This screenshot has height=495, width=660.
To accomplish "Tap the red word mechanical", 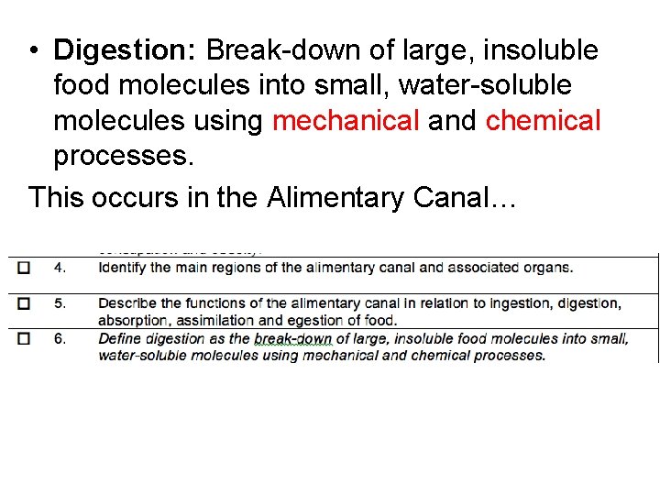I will [x=346, y=120].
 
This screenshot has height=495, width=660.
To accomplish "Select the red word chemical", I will [x=544, y=120].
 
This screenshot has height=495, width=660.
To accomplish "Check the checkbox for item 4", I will [x=24, y=268].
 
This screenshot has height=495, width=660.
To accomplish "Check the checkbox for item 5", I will [x=24, y=302].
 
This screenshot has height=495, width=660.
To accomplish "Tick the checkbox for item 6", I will [x=24, y=338].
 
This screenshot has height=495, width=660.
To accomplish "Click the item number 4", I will [x=60, y=268].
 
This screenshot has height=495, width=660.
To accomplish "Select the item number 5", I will [x=60, y=302].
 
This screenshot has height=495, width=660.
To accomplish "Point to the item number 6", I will [x=60, y=338].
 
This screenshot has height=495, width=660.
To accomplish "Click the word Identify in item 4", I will [x=122, y=268].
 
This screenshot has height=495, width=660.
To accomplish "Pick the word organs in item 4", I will [x=549, y=268].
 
